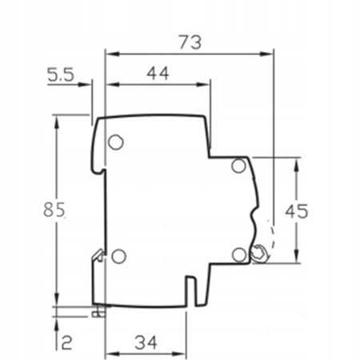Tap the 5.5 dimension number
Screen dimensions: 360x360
(62, 77)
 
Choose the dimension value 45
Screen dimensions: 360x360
(297, 211)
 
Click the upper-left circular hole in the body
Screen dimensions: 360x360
(115, 142)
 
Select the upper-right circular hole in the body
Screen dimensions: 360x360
(238, 166)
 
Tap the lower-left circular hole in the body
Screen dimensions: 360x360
(118, 256)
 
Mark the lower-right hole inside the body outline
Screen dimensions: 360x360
(238, 254)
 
